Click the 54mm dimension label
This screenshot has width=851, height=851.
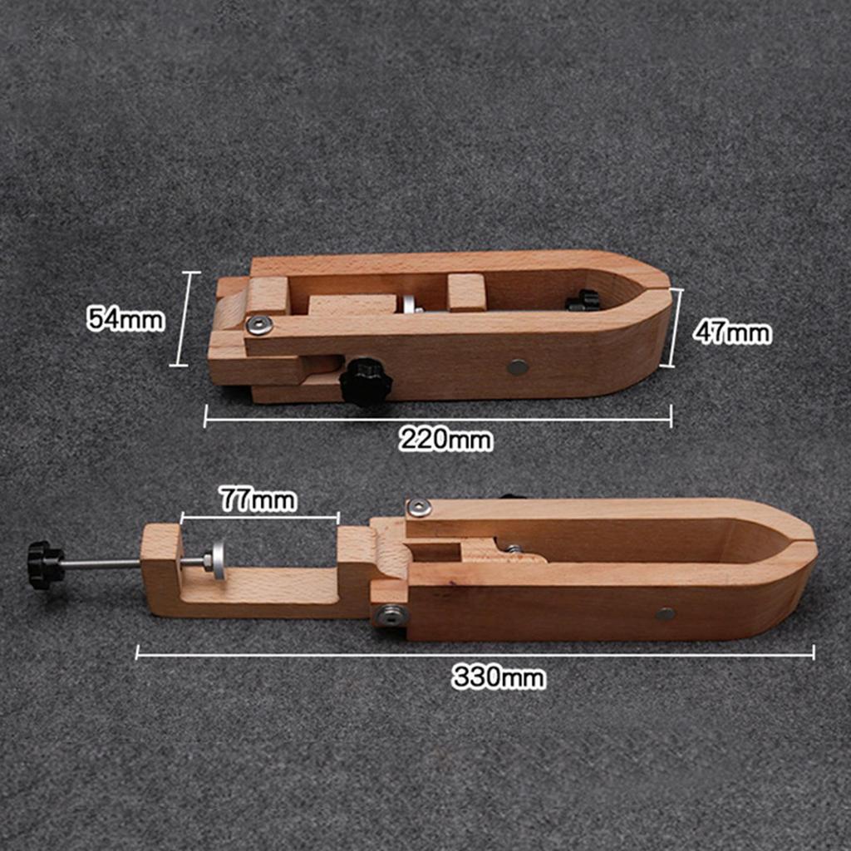[x=125, y=318]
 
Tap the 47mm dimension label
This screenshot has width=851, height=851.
[x=732, y=332]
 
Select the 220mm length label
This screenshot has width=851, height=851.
[x=445, y=438]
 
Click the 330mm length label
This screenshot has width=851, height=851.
[x=499, y=676]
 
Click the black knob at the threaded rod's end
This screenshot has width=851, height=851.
[x=45, y=564]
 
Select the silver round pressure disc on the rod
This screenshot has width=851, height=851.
[x=218, y=560]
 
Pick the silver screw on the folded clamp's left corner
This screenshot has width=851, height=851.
[x=259, y=324]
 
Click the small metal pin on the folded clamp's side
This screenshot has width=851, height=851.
[x=518, y=366]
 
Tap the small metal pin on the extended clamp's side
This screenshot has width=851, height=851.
[x=665, y=614]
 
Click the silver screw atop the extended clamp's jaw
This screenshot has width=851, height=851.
[x=420, y=507]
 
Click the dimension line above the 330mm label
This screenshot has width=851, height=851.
[x=475, y=654]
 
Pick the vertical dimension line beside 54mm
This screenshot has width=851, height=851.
[x=184, y=318]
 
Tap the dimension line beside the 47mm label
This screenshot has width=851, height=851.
[x=676, y=327]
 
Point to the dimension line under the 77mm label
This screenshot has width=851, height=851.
[x=259, y=518]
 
